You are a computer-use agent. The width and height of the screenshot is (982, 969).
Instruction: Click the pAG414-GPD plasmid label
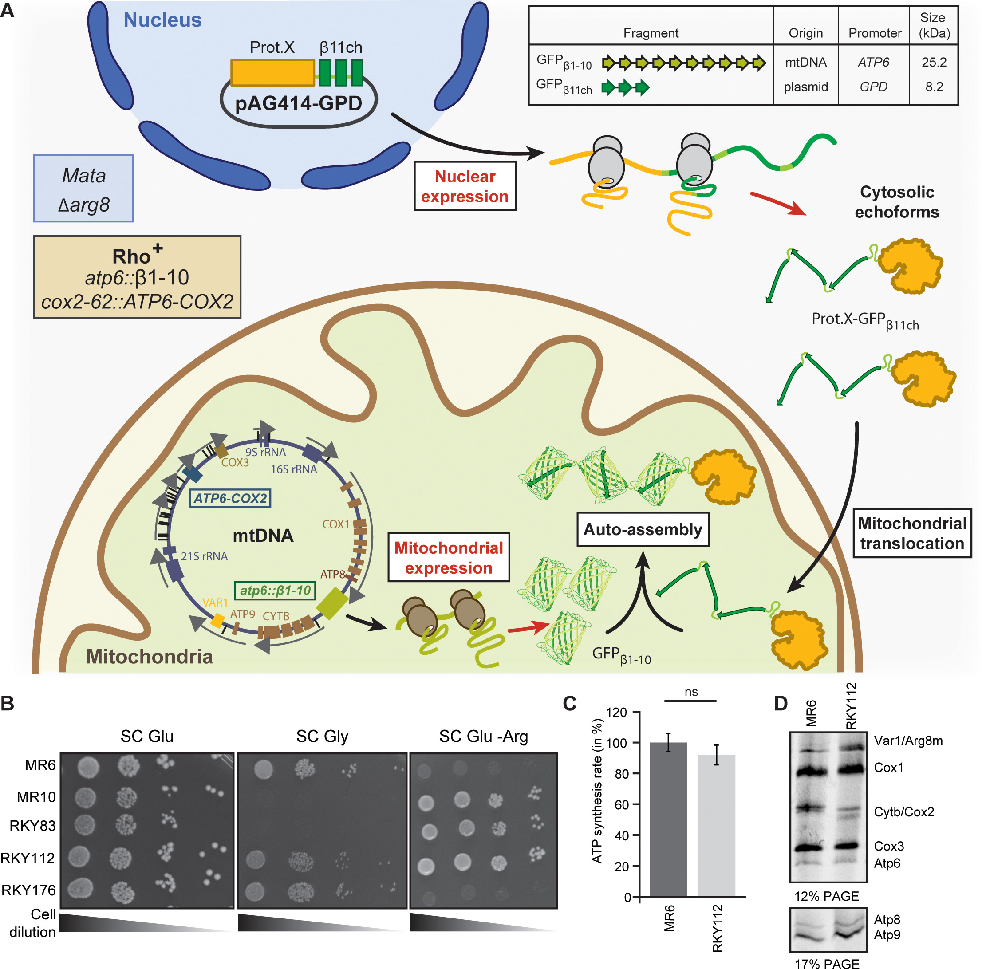(x=298, y=104)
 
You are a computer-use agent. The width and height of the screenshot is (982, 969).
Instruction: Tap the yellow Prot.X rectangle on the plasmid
(x=272, y=73)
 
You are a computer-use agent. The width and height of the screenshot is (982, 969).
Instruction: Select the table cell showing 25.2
(x=934, y=62)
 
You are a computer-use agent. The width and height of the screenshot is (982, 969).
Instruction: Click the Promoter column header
(x=874, y=33)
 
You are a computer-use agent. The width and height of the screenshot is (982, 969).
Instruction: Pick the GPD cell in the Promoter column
(x=873, y=87)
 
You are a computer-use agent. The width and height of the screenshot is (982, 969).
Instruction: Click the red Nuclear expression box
(x=465, y=186)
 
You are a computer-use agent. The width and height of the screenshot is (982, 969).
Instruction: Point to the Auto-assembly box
(x=643, y=529)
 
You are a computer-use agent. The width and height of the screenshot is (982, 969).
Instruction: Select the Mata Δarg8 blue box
(x=84, y=189)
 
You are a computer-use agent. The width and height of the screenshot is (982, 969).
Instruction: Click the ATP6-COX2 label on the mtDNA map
(x=230, y=498)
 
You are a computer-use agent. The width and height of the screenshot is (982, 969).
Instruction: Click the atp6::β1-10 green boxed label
(x=275, y=591)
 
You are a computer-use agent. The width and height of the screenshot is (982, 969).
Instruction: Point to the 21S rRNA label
(x=204, y=556)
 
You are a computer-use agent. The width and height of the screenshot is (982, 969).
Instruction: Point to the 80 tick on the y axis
(x=621, y=773)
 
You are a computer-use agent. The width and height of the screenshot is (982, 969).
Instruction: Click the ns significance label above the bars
(x=691, y=692)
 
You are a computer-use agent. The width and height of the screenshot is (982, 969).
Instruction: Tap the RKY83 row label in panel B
(x=32, y=826)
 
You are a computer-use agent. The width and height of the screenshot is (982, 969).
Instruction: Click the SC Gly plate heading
(x=322, y=736)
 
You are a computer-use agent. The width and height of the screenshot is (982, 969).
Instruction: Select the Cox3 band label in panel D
(x=888, y=846)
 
